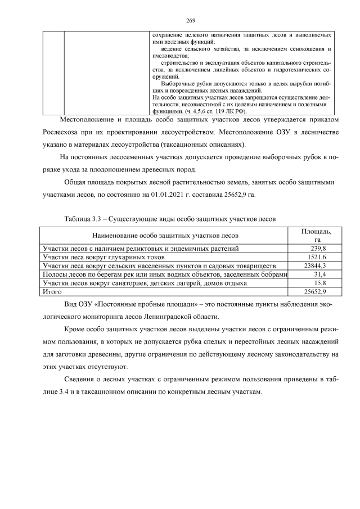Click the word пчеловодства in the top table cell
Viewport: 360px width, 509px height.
pyautogui.click(x=171, y=56)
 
